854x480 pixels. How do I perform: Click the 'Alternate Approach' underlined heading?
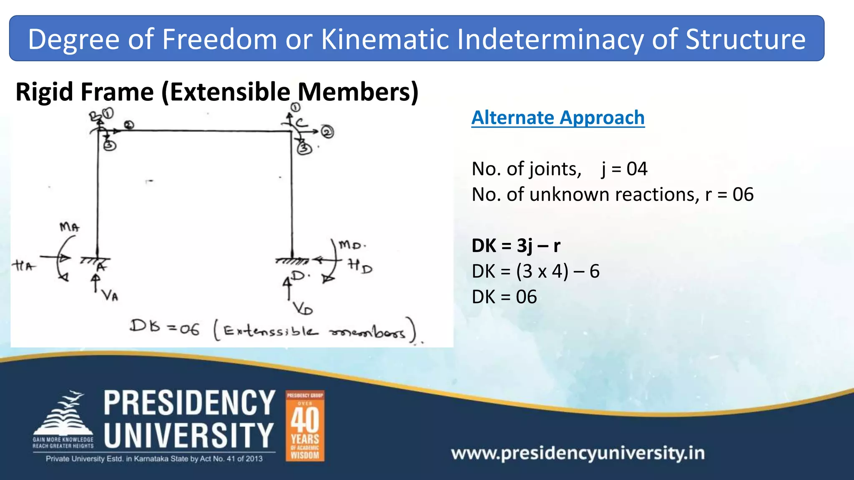coord(558,118)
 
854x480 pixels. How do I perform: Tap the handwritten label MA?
coord(69,227)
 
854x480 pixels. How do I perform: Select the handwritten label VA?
coord(111,295)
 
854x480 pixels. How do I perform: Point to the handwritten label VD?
coord(303,309)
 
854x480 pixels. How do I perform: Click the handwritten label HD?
coord(360,266)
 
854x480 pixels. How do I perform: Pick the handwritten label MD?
coord(350,245)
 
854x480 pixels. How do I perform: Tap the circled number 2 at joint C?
coord(327,132)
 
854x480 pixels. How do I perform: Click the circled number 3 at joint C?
coord(304,148)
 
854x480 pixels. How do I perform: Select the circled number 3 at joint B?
coord(110,145)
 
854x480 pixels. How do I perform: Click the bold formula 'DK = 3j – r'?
coord(516,246)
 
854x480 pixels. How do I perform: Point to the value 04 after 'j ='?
coord(637,169)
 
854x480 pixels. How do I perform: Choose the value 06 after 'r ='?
coord(743,195)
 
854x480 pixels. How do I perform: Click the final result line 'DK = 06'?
coord(504,297)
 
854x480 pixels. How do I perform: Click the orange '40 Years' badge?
coord(305,425)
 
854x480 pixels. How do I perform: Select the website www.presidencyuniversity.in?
coord(578,453)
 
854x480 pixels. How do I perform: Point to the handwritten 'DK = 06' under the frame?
coord(165,327)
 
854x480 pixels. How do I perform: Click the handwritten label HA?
coord(23,265)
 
